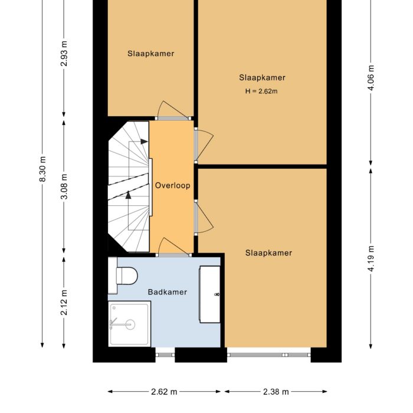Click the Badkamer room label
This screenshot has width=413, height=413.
167,292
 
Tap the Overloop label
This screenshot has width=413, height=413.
172,185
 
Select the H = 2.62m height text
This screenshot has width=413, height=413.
261,91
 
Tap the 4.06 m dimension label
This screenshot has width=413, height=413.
371,77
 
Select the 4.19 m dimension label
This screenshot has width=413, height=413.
371,258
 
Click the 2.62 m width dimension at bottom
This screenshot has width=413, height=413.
164,392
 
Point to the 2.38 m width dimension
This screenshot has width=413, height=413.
275,392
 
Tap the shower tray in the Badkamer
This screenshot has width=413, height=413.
129,323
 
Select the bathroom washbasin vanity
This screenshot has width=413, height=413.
209,294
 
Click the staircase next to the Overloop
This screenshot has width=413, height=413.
129,185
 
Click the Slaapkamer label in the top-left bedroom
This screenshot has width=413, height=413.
150,54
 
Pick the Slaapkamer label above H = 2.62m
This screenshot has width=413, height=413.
262,78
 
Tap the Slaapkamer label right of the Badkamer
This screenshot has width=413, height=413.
268,253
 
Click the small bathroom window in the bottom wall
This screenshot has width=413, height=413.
165,355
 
